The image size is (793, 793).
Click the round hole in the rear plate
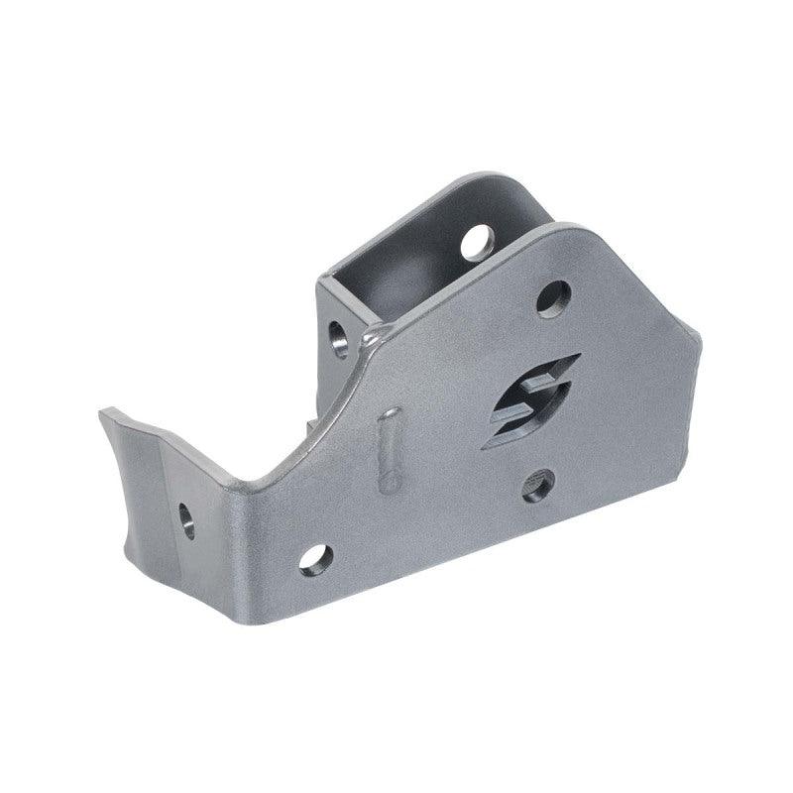click(478, 241)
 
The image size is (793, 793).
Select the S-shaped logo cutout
click(530, 400)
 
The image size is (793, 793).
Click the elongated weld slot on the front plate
click(390, 450)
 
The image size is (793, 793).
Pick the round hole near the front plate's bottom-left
click(315, 560)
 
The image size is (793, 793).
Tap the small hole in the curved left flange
click(186, 519)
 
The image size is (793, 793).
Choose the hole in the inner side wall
click(339, 337)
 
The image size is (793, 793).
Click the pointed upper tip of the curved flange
click(102, 411)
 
